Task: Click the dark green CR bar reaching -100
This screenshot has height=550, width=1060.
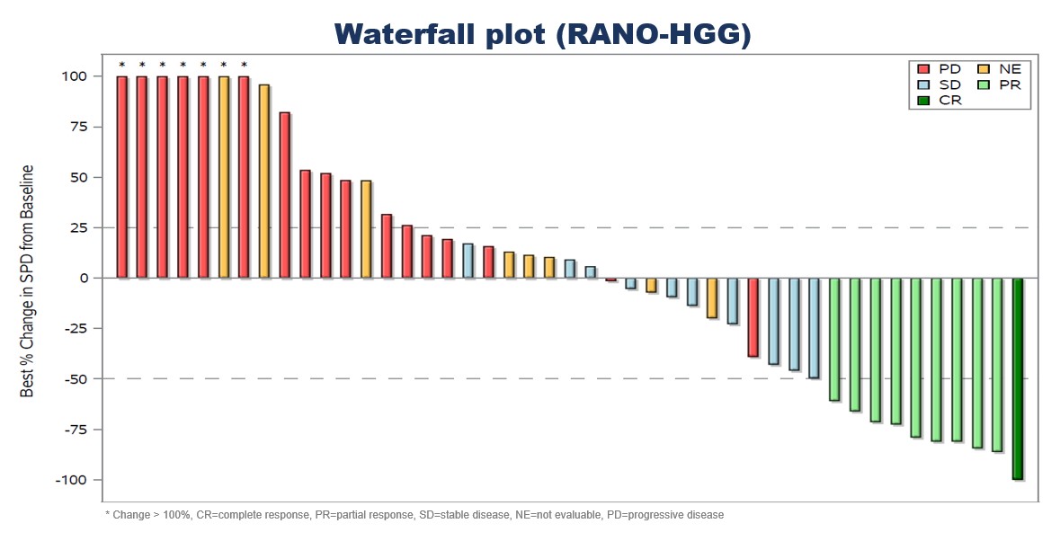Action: [1018, 378]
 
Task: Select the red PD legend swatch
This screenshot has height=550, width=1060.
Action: [923, 68]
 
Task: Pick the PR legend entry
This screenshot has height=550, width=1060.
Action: [1011, 84]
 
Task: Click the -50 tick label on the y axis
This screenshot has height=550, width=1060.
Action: [74, 379]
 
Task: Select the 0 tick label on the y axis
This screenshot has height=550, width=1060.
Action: [83, 279]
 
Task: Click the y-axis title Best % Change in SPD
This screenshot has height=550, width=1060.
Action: [29, 280]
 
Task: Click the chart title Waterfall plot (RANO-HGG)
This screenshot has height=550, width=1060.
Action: [542, 33]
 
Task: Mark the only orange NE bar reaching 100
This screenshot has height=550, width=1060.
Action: [224, 177]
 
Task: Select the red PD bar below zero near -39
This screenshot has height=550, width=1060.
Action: [753, 317]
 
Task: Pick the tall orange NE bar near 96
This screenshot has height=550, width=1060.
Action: [264, 182]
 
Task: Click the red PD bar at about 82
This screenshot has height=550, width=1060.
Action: [285, 195]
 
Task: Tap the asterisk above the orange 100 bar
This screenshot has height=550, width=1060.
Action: [224, 65]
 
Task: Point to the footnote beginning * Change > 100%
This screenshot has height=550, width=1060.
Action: [414, 515]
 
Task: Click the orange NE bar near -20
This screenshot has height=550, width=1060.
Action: [712, 298]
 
